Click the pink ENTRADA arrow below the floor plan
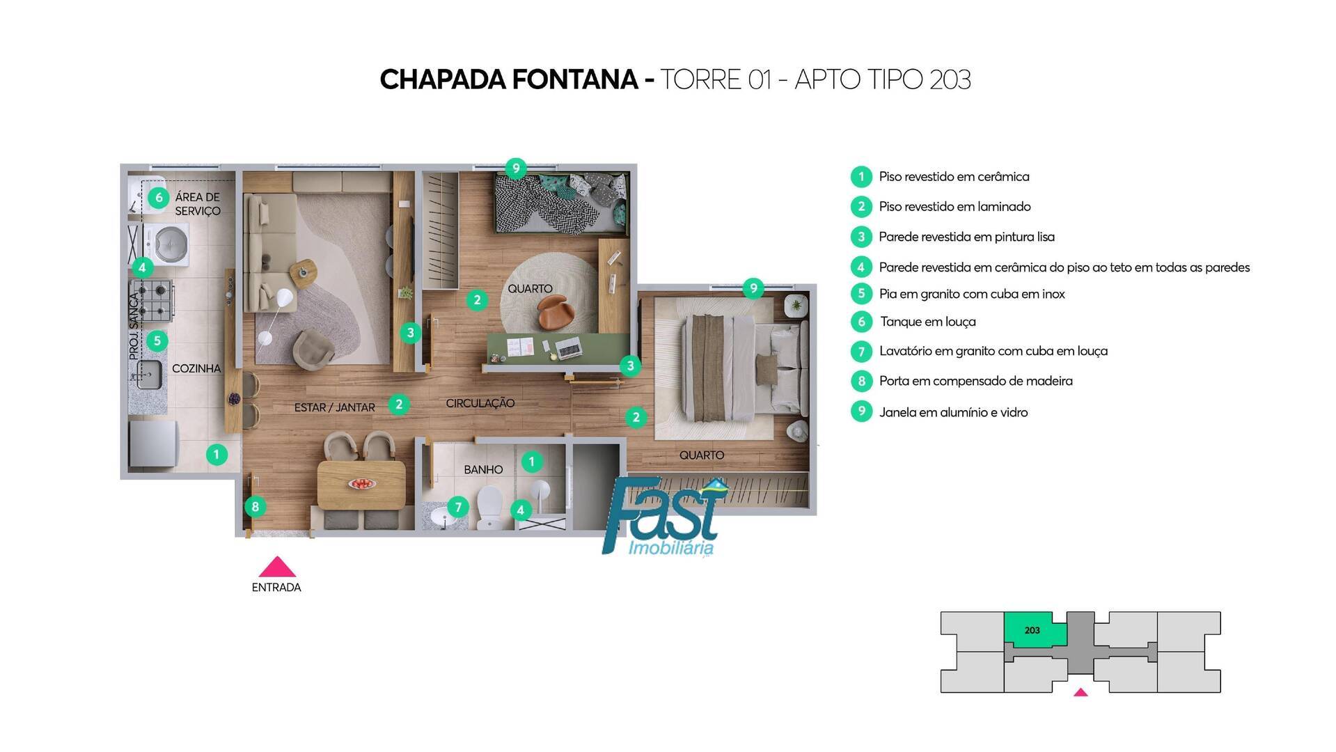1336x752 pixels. pyautogui.click(x=277, y=567)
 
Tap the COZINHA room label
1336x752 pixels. pyautogui.click(x=196, y=368)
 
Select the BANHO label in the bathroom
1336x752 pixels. pyautogui.click(x=483, y=469)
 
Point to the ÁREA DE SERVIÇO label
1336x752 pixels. pyautogui.click(x=197, y=204)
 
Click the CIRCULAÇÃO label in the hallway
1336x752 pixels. pyautogui.click(x=480, y=403)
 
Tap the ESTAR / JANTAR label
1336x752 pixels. pyautogui.click(x=334, y=407)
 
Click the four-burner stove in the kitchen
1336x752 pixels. pyautogui.click(x=152, y=299)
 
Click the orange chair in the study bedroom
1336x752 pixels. pyautogui.click(x=556, y=311)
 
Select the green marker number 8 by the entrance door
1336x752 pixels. pyautogui.click(x=256, y=506)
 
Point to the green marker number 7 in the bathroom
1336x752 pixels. pyautogui.click(x=457, y=507)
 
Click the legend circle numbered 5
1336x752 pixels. pyautogui.click(x=861, y=294)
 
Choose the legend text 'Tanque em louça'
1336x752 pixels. pyautogui.click(x=927, y=322)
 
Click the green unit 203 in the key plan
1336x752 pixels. pyautogui.click(x=1032, y=629)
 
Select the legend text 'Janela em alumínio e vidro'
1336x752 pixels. pyautogui.click(x=953, y=412)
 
